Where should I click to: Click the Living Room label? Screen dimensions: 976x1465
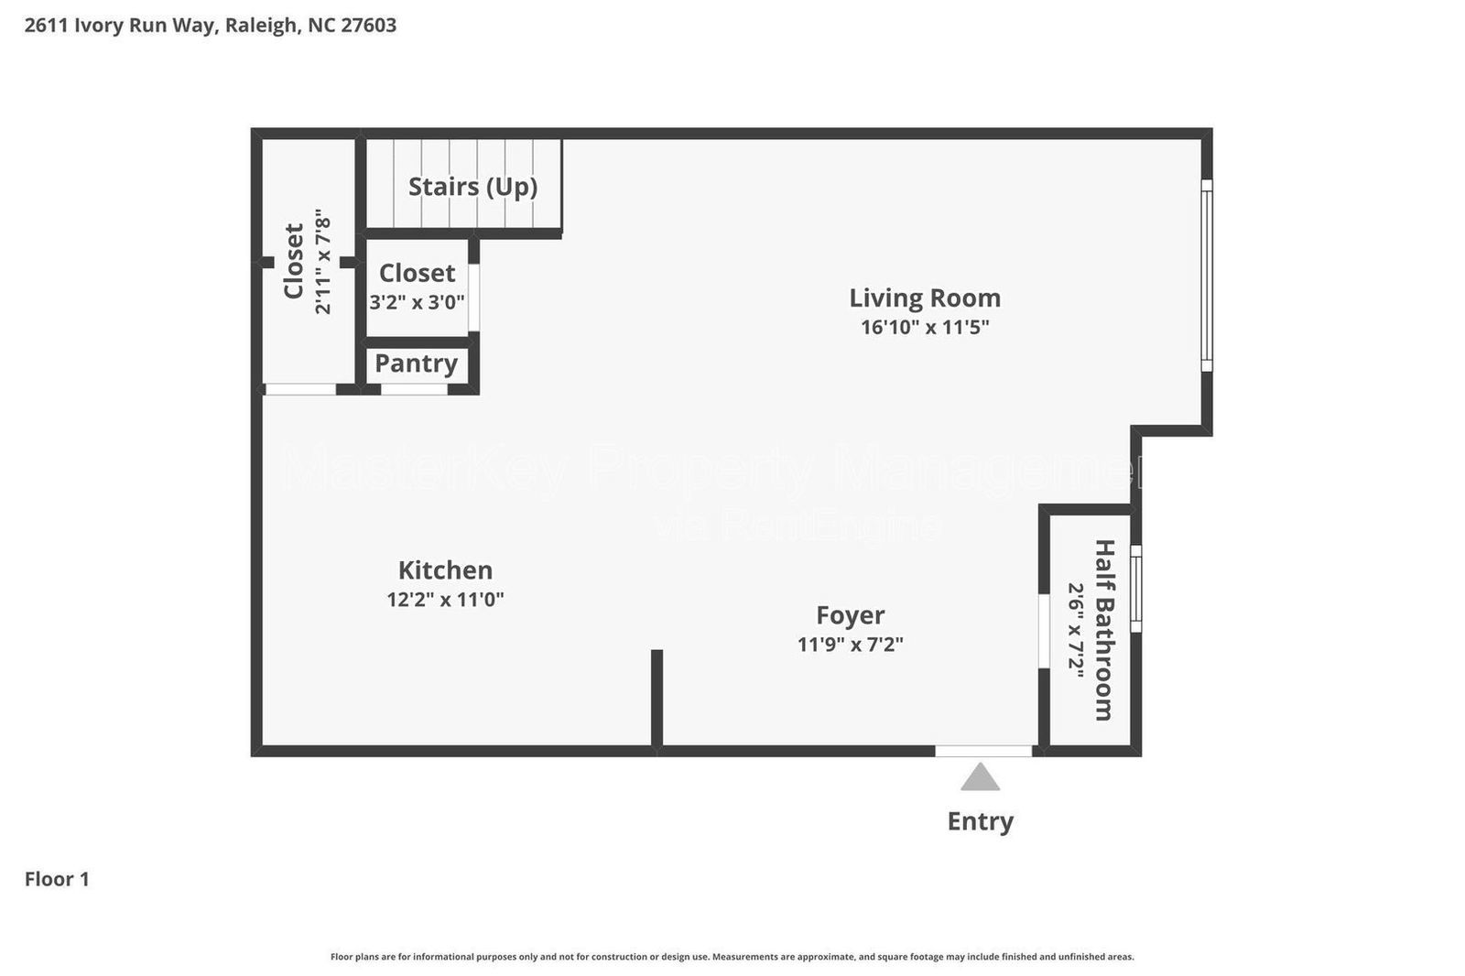click(x=924, y=298)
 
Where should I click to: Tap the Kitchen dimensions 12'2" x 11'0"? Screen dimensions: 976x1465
click(x=445, y=600)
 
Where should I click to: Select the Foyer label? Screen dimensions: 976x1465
click(x=850, y=614)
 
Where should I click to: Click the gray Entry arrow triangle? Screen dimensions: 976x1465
click(x=980, y=778)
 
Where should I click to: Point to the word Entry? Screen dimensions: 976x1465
click(x=980, y=821)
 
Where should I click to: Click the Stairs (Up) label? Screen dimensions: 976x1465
click(x=472, y=186)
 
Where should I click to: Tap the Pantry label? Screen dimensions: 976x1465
click(x=416, y=363)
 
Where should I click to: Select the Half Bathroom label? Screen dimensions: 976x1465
click(x=1105, y=630)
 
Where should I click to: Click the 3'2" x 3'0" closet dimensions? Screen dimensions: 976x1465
click(x=417, y=301)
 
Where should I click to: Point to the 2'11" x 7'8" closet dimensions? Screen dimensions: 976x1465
click(x=322, y=262)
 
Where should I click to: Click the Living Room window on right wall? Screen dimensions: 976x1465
click(x=1206, y=275)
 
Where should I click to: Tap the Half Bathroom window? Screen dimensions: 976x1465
click(x=1135, y=588)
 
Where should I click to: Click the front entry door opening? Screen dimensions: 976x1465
click(x=982, y=751)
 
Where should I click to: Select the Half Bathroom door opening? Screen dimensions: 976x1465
click(x=1043, y=632)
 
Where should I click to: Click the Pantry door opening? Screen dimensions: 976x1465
click(x=414, y=389)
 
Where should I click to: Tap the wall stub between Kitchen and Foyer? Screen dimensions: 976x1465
click(x=657, y=698)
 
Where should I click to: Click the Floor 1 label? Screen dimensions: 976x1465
click(x=57, y=879)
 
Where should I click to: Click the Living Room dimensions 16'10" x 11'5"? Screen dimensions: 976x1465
click(x=924, y=327)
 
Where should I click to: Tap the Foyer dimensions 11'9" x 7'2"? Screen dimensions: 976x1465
click(x=850, y=645)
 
